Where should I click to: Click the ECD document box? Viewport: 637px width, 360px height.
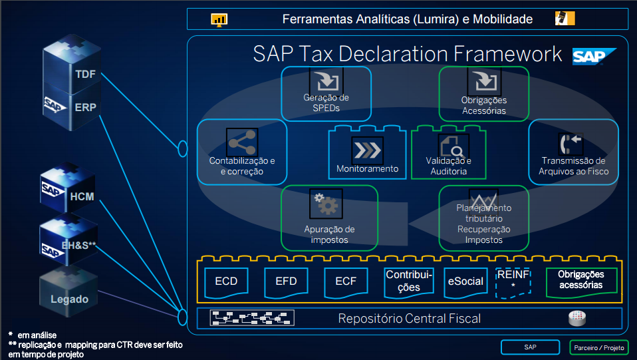coord(226,281)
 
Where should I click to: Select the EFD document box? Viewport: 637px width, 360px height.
coord(286,281)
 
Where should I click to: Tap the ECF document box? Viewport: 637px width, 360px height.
coord(346,281)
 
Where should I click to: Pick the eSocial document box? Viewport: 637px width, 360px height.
coord(465,281)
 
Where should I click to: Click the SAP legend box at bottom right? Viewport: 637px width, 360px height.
coord(530,347)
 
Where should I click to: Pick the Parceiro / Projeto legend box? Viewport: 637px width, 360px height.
coord(600,347)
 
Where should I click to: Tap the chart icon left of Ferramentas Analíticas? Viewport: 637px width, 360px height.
coord(219,19)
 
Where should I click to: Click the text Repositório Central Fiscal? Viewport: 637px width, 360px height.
coord(409,319)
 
